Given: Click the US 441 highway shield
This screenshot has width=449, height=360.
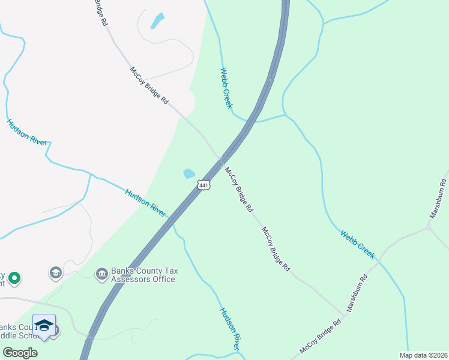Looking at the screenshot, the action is pos(204,186).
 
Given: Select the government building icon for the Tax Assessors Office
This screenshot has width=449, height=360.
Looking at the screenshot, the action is pos(101,274).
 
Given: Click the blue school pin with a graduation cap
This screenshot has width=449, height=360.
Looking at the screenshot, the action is pos(44,326).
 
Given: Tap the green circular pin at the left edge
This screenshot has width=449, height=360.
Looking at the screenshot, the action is pos(14,278).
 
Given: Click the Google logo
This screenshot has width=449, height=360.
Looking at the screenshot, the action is pos(20,352).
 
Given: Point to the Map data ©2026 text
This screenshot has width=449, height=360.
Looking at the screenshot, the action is pos(423,355).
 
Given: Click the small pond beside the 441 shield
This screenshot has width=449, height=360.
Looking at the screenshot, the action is pos(189,174).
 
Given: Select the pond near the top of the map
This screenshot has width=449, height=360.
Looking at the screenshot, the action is pos(157,21).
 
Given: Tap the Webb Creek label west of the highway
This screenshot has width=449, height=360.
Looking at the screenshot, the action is pos(226,88).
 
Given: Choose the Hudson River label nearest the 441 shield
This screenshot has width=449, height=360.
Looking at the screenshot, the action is pos(146,203).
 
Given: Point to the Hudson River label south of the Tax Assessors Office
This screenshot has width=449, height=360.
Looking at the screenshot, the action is pos(230,329).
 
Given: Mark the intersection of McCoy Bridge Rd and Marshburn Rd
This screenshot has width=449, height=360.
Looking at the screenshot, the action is pos(346,314).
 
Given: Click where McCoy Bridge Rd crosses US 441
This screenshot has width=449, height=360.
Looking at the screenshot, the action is pos(221,161).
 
